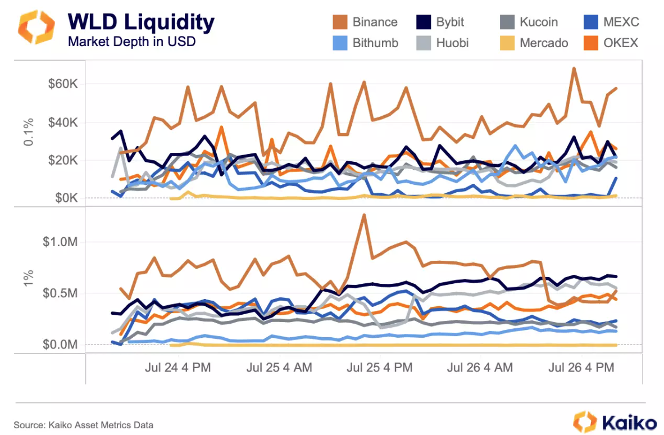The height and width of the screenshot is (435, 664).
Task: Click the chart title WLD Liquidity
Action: point(141,22)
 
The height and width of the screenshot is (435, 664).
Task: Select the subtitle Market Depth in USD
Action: point(131,42)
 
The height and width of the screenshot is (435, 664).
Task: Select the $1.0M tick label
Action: point(61,242)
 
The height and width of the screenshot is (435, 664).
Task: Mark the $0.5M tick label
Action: point(61,293)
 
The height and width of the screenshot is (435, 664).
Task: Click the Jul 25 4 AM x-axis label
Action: point(279,368)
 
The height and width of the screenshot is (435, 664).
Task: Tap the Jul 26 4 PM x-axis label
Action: point(581,368)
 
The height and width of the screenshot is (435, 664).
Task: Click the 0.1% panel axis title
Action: point(29,132)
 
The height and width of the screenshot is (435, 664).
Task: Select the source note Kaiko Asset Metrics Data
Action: point(84,425)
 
